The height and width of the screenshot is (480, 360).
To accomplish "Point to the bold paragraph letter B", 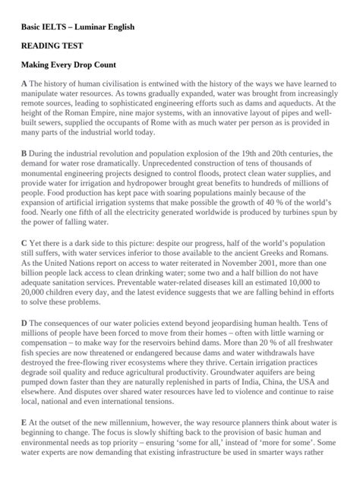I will tap(24, 153).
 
